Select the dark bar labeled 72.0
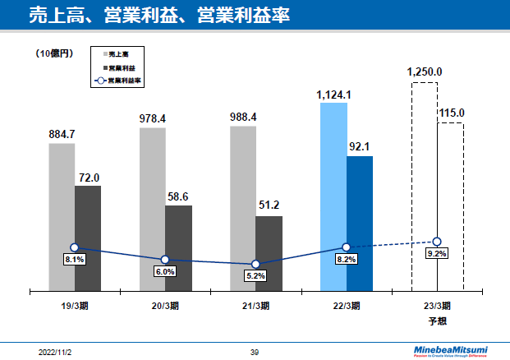pos(88,238)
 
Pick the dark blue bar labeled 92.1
pos(360,223)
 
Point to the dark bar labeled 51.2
pos(269,253)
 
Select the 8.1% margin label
pos(75,260)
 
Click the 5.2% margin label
pos(255,276)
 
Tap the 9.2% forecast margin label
pos(437,253)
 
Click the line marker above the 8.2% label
pos(347,247)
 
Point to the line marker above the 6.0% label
pos(165,260)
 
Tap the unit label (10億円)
pos(55,53)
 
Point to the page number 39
pos(255,352)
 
